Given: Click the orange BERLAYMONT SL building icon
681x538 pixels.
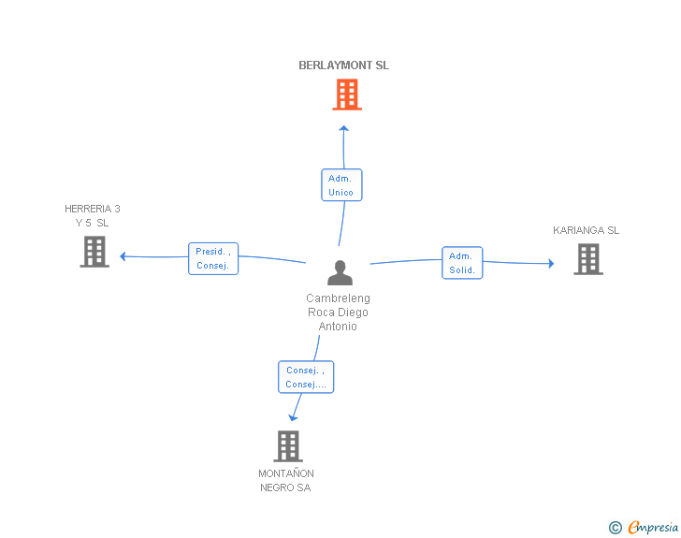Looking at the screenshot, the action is coord(347,95).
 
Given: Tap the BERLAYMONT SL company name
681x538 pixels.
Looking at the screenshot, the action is coord(343,65).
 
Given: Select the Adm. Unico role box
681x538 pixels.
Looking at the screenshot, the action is coord(341,185).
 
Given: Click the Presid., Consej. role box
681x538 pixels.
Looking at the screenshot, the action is coord(213,258).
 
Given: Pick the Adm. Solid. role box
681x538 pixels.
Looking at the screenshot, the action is coord(462,263).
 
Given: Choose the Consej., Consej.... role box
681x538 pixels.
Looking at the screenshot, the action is coord(306,377).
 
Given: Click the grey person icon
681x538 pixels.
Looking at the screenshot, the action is coord(340,272).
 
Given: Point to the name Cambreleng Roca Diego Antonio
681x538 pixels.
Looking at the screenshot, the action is coord(338,312).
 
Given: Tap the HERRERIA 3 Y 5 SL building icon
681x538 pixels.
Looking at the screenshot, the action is coord(94,252).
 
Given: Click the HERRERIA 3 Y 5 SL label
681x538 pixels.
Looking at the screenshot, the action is coord(92,215).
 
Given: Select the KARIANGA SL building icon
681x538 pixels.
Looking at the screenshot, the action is coord(588,259).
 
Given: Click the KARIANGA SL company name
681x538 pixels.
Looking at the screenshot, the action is coord(586,230).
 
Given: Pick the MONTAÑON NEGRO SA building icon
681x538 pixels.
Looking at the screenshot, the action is coord(288,446).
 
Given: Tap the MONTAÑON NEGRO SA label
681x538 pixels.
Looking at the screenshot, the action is coord(286,481).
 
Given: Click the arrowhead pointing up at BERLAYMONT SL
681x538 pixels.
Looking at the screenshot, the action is coord(344,128).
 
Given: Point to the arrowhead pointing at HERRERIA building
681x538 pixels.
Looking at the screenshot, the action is coord(123,256).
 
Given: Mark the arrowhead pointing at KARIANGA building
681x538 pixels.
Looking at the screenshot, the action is coord(551,263).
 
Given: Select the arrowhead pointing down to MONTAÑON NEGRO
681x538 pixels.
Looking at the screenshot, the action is coord(293,417).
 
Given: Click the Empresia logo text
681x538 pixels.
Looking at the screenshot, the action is coord(653,527).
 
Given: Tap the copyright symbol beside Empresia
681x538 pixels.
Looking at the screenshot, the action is coord(616,528).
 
